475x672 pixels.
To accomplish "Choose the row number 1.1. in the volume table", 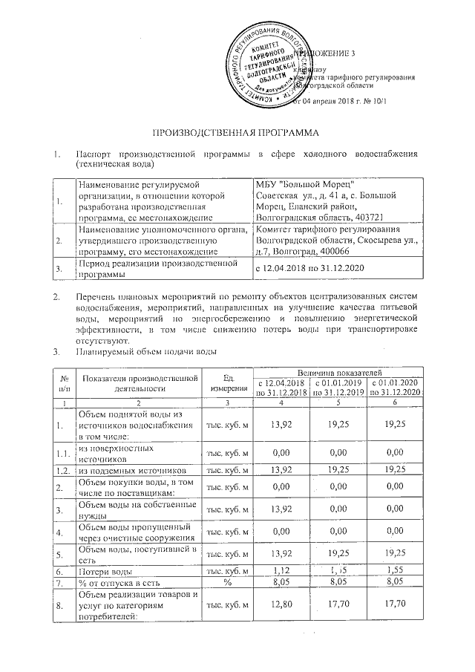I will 64,452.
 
